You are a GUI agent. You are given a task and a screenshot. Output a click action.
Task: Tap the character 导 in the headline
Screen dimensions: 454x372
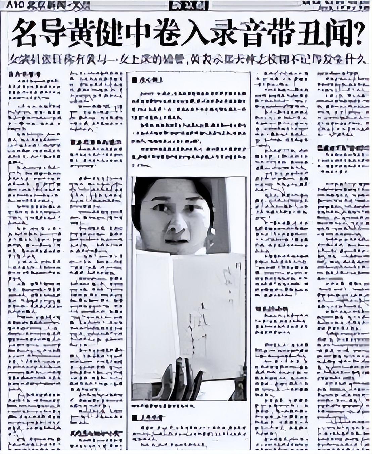point(55,33)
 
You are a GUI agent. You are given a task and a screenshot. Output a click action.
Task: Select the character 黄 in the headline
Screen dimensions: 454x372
point(84,33)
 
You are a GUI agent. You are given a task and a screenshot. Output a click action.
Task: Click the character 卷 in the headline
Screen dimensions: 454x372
point(171,33)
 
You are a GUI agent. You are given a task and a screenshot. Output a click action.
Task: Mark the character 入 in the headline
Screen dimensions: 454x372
point(201,33)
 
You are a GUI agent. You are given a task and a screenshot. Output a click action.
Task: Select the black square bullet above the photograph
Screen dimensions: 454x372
point(134,80)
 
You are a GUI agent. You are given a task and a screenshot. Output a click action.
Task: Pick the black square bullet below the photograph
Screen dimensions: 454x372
point(135,418)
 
